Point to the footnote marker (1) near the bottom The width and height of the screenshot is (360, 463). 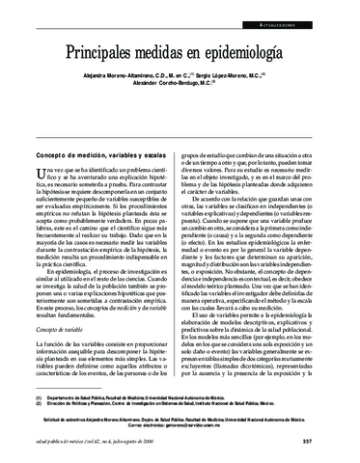39,396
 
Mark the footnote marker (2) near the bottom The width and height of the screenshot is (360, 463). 39,405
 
